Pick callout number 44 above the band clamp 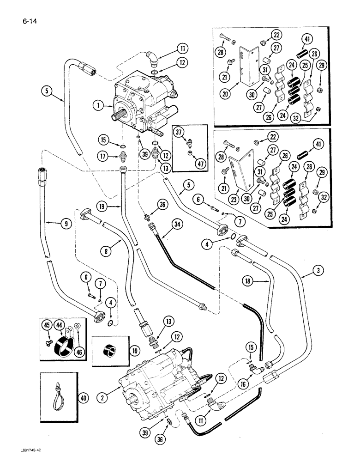[x=60, y=326]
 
